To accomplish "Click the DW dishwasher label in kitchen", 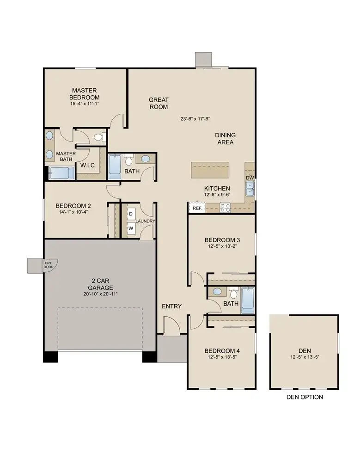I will point(250,178).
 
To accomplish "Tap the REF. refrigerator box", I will point(196,208).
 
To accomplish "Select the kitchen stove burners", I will point(225,208).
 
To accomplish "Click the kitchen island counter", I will point(211,170).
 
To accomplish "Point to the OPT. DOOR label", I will point(49,265).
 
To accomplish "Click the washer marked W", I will point(131,228).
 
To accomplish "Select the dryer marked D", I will point(131,214).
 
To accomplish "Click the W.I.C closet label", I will point(88,165).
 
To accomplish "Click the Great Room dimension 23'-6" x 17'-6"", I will point(195,119).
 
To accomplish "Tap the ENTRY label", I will point(171,307).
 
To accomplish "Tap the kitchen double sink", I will point(250,188).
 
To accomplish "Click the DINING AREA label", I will point(225,139).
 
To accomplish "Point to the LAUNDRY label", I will point(146,221).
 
